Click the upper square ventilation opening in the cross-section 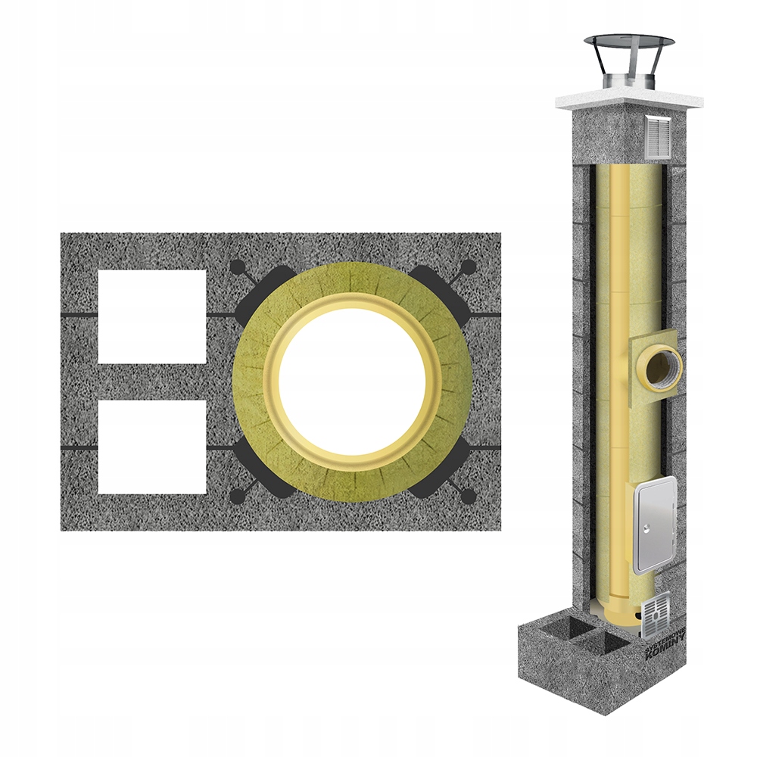pyautogui.click(x=151, y=316)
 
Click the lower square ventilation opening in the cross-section pyautogui.click(x=151, y=447)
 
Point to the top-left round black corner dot pyautogui.click(x=238, y=266)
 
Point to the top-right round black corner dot pyautogui.click(x=469, y=266)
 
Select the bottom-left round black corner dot pyautogui.click(x=238, y=496)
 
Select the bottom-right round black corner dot pyautogui.click(x=469, y=496)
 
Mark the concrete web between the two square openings pyautogui.click(x=151, y=381)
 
